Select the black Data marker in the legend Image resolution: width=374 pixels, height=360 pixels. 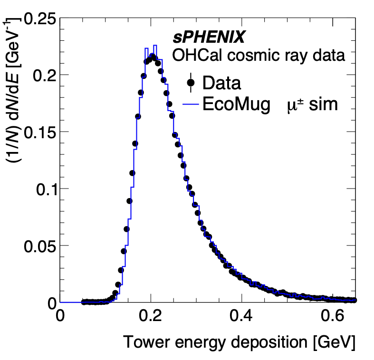(191, 83)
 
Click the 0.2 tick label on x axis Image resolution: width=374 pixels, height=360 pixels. (151, 317)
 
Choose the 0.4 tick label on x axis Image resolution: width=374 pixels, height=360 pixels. (242, 317)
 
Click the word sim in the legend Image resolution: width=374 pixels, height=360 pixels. (323, 104)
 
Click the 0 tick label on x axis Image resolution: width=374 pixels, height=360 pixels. (60, 317)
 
